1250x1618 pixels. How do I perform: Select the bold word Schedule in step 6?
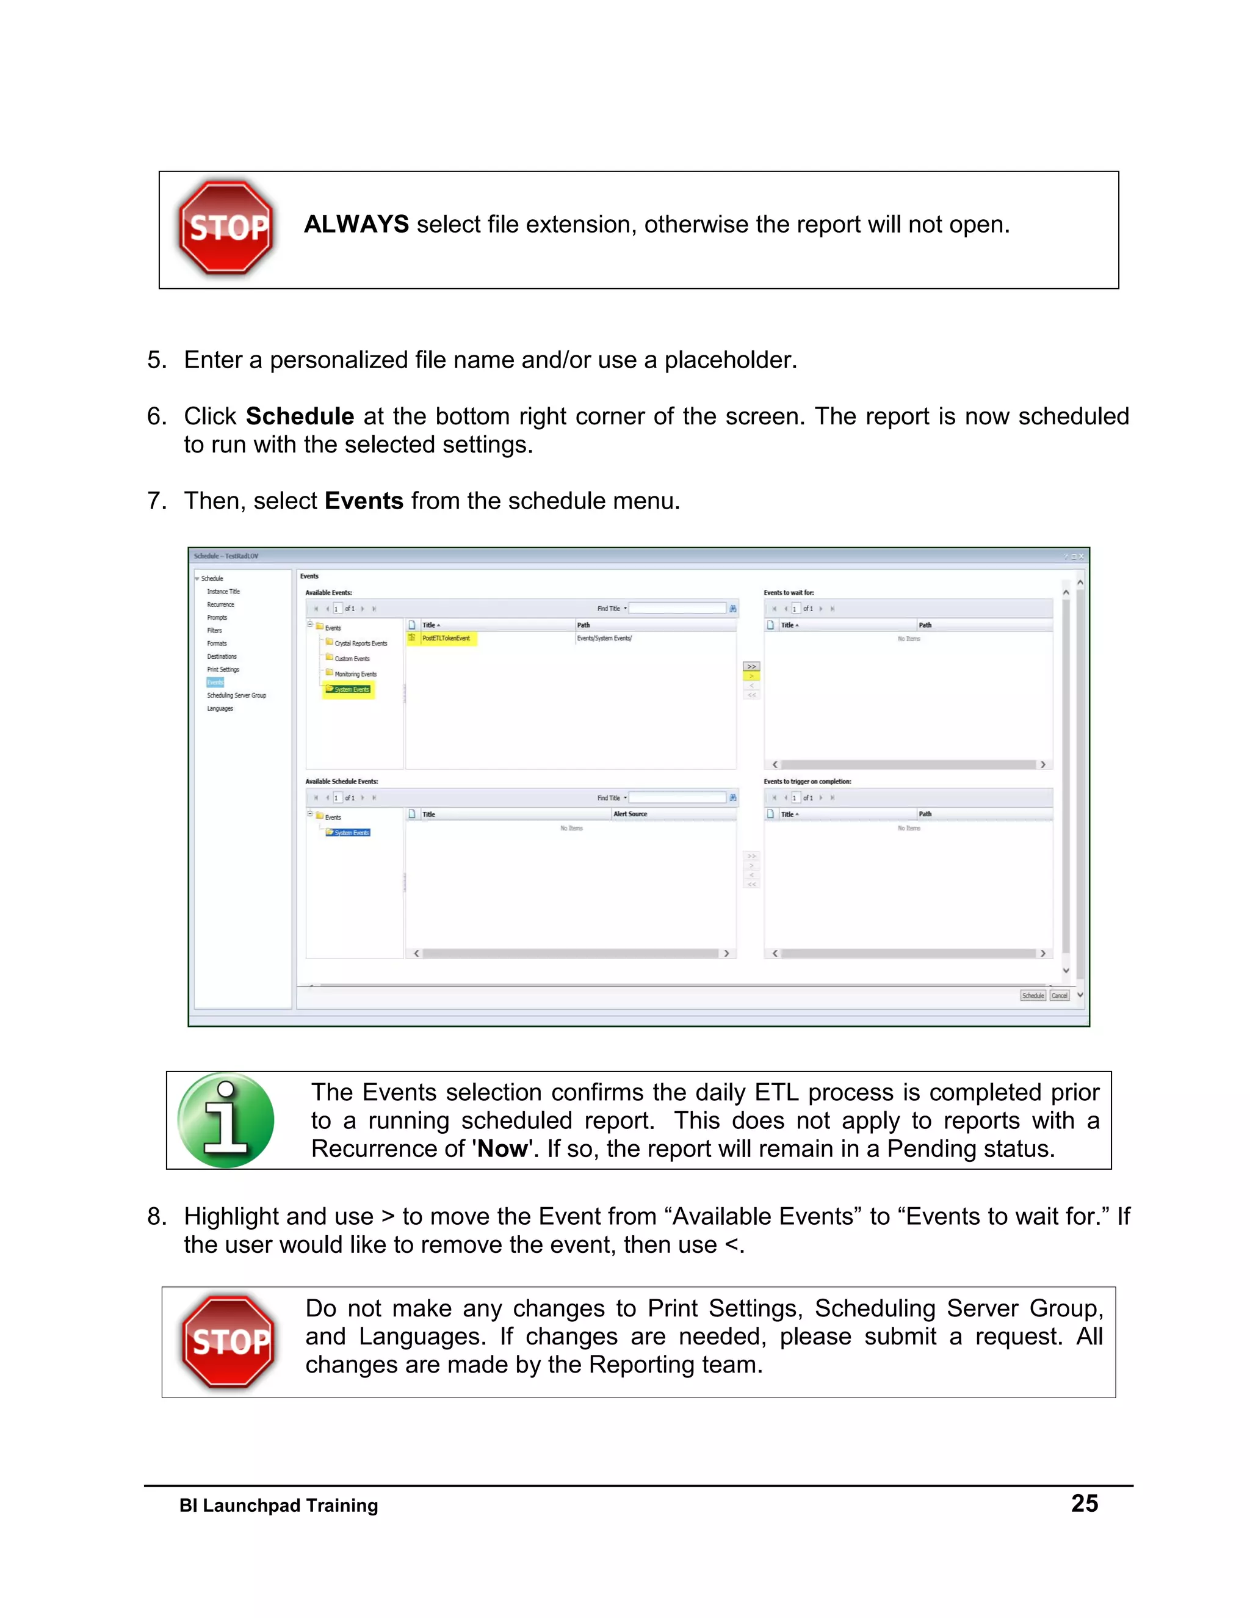(299, 416)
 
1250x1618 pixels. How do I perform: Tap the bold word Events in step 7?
(364, 501)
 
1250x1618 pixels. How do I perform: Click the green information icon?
(226, 1120)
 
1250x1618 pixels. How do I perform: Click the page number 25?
(1084, 1503)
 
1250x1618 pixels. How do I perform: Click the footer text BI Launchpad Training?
(278, 1506)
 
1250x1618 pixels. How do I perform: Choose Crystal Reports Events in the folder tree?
(360, 643)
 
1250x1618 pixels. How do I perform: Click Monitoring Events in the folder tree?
(355, 674)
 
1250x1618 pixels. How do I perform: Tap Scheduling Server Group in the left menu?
(236, 695)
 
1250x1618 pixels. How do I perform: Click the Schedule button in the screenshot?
(1032, 996)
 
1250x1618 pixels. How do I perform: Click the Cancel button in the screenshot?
(1060, 996)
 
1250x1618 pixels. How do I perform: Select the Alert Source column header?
(630, 814)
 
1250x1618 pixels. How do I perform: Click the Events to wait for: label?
(789, 593)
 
